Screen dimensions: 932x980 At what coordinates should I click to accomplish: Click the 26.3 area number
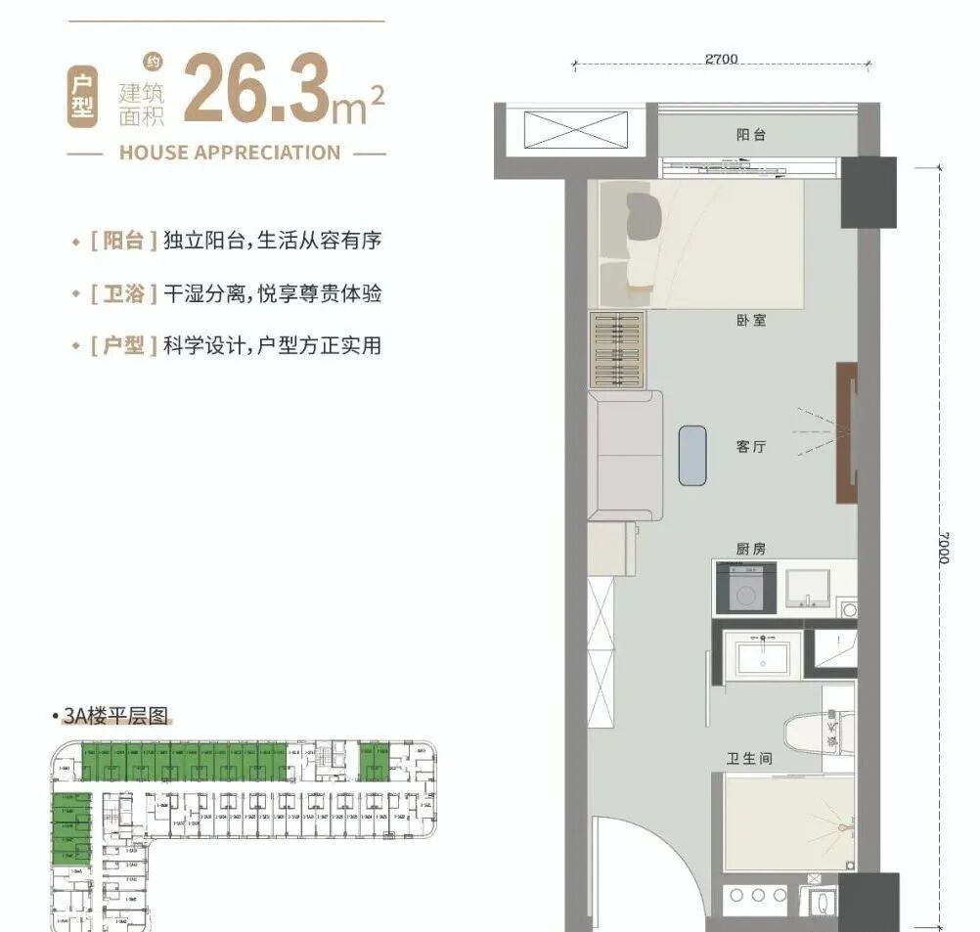pyautogui.click(x=256, y=90)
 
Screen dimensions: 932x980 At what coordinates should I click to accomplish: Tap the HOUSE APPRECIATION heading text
pyautogui.click(x=229, y=153)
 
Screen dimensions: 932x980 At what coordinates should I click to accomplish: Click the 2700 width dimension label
pyautogui.click(x=721, y=60)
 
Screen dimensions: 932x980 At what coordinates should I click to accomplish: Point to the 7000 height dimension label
pyautogui.click(x=942, y=548)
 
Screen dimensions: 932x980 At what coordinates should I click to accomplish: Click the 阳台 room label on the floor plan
pyautogui.click(x=751, y=135)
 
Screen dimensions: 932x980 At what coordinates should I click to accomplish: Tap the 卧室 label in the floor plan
pyautogui.click(x=751, y=320)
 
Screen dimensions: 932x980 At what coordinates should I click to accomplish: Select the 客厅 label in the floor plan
pyautogui.click(x=751, y=447)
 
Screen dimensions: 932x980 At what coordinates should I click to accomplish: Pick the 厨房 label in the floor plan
pyautogui.click(x=751, y=549)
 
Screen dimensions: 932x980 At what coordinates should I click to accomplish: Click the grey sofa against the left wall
pyautogui.click(x=624, y=455)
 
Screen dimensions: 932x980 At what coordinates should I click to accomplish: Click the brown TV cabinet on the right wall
pyautogui.click(x=846, y=432)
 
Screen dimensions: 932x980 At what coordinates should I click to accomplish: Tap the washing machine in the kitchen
pyautogui.click(x=746, y=590)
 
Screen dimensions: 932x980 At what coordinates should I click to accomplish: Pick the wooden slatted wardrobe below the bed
pyautogui.click(x=617, y=350)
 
